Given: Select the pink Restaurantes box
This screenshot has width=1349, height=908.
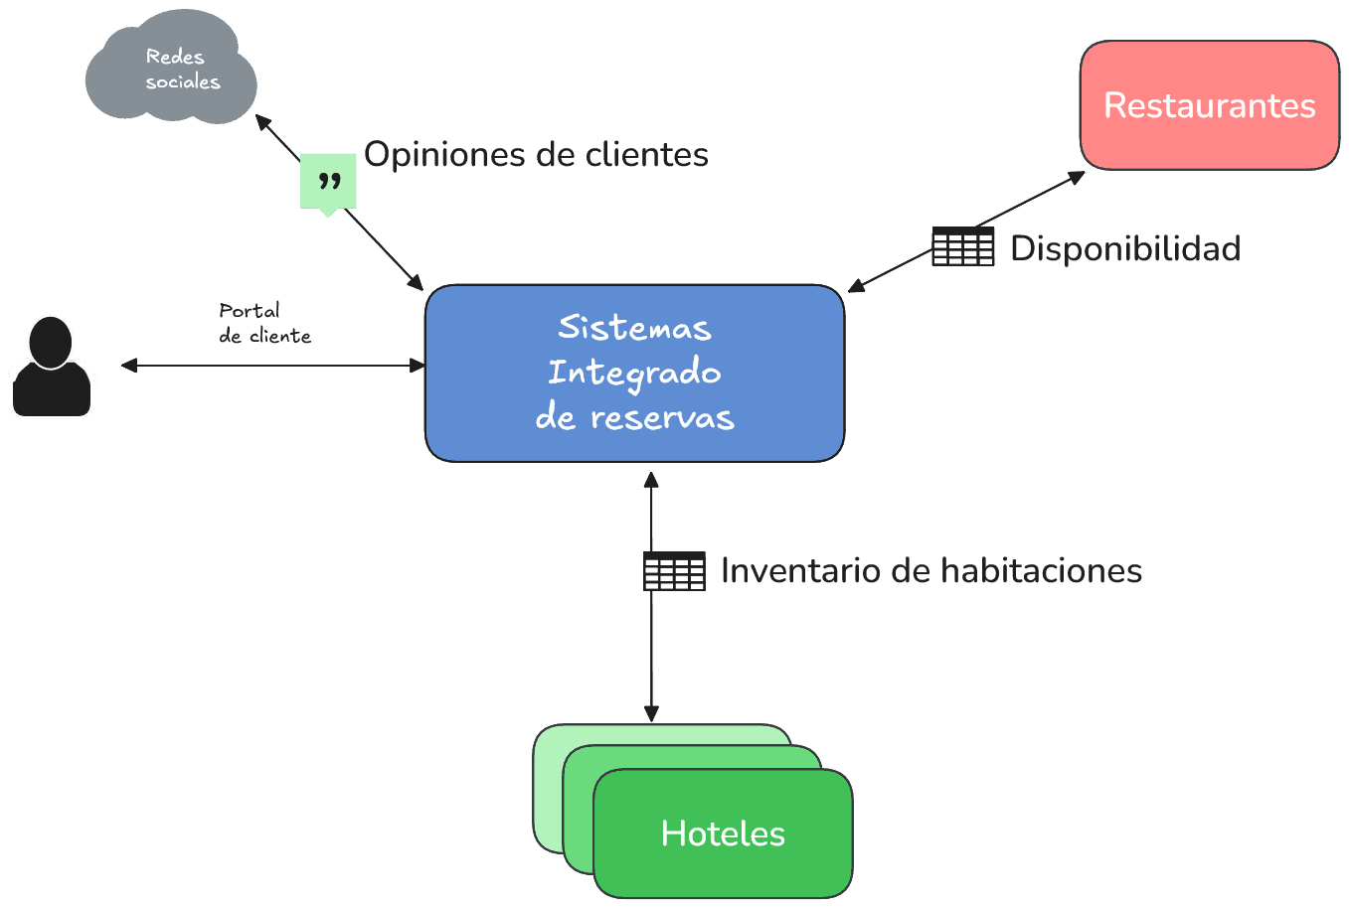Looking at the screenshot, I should click(x=1209, y=105).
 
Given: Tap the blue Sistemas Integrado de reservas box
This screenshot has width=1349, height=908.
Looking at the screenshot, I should click(x=634, y=374).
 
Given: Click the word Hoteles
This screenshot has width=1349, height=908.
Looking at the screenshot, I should click(x=723, y=833).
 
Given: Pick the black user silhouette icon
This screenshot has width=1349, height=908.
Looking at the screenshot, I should click(x=52, y=367).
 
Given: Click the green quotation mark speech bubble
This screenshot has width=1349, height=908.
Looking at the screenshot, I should click(x=328, y=182).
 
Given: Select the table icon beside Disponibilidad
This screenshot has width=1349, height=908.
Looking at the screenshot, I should click(x=962, y=247).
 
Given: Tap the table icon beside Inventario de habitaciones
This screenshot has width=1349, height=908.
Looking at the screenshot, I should click(x=674, y=571).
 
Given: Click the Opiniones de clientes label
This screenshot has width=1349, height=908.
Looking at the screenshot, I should click(x=536, y=155).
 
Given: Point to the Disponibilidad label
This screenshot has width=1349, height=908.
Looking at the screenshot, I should click(x=1124, y=248).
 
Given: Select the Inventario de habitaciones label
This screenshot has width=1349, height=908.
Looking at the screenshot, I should click(x=930, y=571).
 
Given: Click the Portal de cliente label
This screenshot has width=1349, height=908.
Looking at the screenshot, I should click(x=264, y=323).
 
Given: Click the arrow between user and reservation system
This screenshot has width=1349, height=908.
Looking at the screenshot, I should click(x=273, y=366).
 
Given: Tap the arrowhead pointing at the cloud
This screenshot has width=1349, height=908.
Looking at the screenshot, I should click(x=261, y=120).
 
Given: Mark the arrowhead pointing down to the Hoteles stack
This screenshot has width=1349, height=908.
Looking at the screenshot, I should click(x=651, y=714).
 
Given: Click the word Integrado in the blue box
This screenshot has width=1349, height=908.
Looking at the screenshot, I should click(x=634, y=374).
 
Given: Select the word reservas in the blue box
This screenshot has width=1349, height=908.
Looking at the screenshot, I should click(x=662, y=418).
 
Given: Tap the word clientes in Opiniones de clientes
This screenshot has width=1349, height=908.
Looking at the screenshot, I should click(x=646, y=155).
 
